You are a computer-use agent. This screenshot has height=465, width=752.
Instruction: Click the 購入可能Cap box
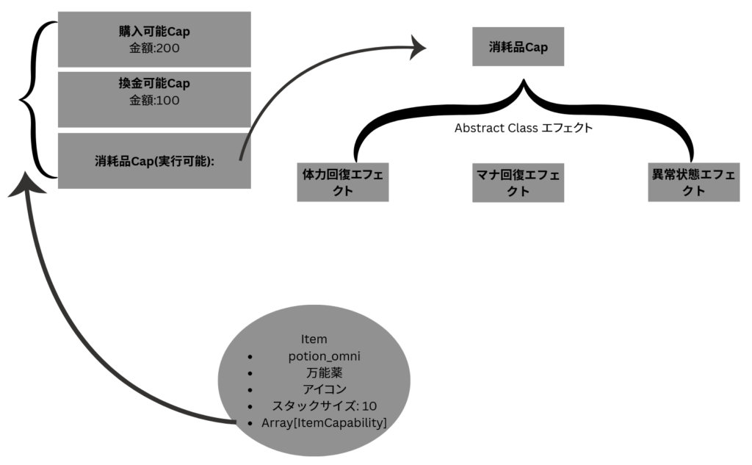click(x=153, y=40)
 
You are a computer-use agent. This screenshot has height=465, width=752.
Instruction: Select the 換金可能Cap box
click(x=153, y=98)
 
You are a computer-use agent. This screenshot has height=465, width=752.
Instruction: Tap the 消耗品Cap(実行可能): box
click(x=153, y=160)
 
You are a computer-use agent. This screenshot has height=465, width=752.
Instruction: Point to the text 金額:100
click(x=153, y=101)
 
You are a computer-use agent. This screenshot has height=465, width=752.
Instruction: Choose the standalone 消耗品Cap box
click(x=518, y=46)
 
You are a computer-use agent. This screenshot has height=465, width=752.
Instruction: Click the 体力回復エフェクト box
click(x=342, y=182)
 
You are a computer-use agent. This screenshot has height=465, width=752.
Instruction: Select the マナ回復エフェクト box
click(x=518, y=182)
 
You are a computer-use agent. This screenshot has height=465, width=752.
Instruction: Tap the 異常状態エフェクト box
click(x=693, y=182)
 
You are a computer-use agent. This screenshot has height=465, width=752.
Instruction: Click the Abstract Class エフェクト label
click(x=523, y=128)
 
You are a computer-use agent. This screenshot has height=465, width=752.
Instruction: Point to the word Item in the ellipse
click(x=314, y=339)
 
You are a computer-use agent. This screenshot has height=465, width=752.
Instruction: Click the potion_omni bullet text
click(x=324, y=356)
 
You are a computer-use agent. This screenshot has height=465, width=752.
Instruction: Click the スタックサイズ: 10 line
click(x=324, y=405)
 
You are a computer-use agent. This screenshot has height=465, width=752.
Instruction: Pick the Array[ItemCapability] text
click(x=324, y=422)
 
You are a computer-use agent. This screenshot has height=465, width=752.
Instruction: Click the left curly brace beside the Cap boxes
click(x=35, y=99)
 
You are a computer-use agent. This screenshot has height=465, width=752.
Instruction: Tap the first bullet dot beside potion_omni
click(x=250, y=357)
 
